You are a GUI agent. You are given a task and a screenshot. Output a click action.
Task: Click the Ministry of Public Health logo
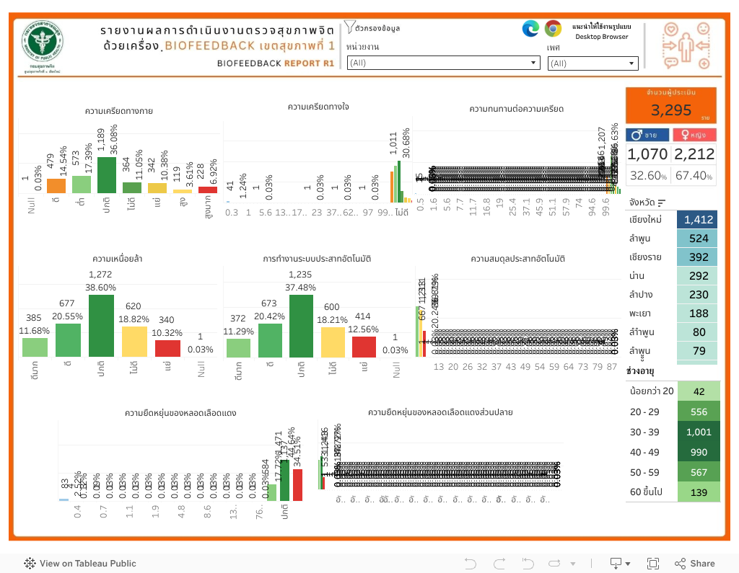tap(42, 43)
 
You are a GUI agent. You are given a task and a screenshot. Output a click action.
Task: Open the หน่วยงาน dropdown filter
tap(443, 63)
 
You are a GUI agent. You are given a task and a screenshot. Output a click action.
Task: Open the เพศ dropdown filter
tap(592, 63)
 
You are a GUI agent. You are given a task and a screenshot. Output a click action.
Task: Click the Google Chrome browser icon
tap(553, 28)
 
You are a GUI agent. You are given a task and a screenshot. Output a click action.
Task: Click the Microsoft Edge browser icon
tap(530, 28)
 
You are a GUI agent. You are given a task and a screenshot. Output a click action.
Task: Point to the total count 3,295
tap(670, 110)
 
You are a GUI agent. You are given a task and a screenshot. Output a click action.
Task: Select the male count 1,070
tap(647, 154)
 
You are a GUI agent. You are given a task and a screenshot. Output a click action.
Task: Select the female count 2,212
tap(694, 154)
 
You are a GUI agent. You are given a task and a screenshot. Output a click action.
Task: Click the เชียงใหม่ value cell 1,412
tap(696, 220)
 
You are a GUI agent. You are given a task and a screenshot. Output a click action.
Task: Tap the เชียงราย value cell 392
tap(696, 257)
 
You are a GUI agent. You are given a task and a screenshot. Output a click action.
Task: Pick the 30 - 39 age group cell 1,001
tap(698, 432)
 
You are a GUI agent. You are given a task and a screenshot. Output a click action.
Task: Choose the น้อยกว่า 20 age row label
tap(651, 391)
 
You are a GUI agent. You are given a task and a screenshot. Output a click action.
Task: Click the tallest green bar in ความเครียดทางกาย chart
tap(107, 175)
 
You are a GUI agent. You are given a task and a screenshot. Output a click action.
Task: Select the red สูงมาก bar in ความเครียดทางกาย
tap(208, 190)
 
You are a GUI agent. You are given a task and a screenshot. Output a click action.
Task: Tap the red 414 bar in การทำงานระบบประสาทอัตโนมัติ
tap(364, 347)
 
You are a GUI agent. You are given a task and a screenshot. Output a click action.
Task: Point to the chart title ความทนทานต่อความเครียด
tap(516, 109)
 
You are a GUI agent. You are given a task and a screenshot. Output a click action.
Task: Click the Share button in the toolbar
tap(695, 564)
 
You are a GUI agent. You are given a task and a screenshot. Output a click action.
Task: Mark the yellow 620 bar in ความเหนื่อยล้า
tap(134, 342)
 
